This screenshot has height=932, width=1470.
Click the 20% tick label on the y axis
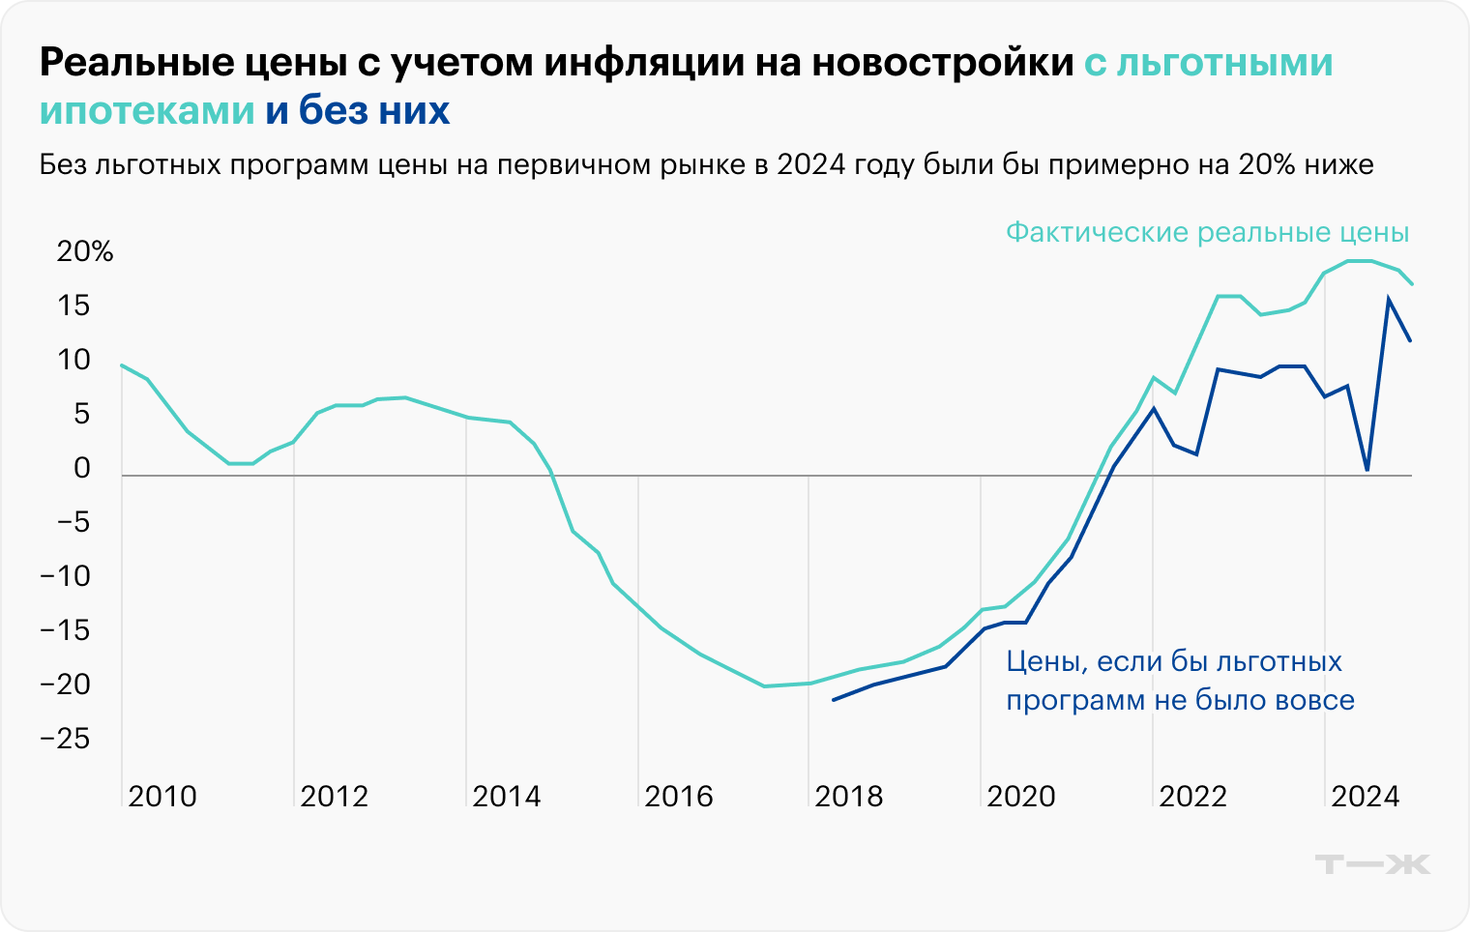pyautogui.click(x=85, y=252)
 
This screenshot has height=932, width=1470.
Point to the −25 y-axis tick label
pyautogui.click(x=65, y=740)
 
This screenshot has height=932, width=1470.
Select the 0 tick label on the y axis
pyautogui.click(x=81, y=469)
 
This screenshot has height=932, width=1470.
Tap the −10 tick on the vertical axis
pyautogui.click(x=65, y=577)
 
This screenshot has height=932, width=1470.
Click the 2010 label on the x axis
pyautogui.click(x=162, y=797)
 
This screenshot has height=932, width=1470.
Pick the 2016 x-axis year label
pyautogui.click(x=679, y=797)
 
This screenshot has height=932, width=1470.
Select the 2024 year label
pyautogui.click(x=1366, y=797)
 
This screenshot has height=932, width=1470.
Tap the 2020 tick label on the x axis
pyautogui.click(x=1021, y=797)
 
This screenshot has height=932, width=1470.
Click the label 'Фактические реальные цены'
pyautogui.click(x=1207, y=233)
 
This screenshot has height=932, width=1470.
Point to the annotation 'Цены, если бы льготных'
pyautogui.click(x=1174, y=661)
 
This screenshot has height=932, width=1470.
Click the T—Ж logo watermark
pyautogui.click(x=1373, y=863)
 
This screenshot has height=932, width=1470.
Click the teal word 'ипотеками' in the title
pyautogui.click(x=147, y=111)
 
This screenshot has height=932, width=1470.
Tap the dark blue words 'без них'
pyautogui.click(x=374, y=111)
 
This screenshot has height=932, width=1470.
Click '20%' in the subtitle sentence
pyautogui.click(x=1266, y=165)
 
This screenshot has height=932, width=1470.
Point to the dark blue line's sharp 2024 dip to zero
pyautogui.click(x=1367, y=470)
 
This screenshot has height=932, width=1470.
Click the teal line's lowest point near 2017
pyautogui.click(x=765, y=686)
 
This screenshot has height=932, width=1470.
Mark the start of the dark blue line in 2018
pyautogui.click(x=833, y=700)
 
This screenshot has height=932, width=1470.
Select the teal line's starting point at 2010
pyautogui.click(x=121, y=365)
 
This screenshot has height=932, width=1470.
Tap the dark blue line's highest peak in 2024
pyautogui.click(x=1389, y=299)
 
